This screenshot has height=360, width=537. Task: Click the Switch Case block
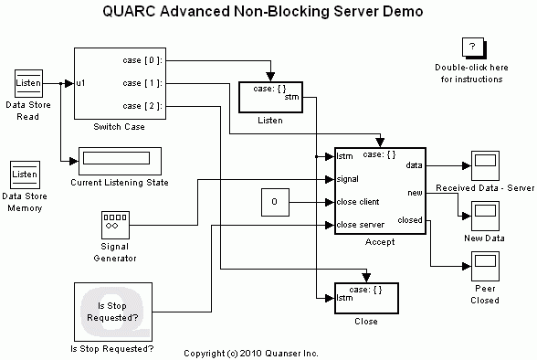119,83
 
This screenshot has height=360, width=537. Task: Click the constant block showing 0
275,202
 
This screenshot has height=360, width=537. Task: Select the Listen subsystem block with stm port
271,97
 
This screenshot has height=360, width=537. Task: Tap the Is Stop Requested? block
111,312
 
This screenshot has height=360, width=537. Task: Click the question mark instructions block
471,48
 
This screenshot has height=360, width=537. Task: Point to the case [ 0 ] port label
142,60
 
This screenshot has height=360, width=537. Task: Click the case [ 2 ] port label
142,106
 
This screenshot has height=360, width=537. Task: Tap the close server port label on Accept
359,224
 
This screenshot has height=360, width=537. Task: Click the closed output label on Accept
410,220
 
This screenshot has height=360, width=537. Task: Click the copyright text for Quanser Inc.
251,352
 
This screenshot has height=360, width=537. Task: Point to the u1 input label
82,83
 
